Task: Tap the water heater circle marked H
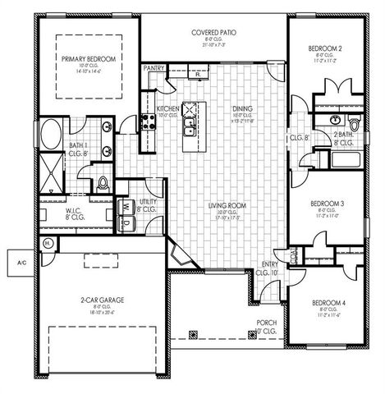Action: tap(48, 244)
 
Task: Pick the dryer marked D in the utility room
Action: tap(128, 222)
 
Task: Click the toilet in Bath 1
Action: tap(103, 182)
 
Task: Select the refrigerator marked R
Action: tap(175, 75)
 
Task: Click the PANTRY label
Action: tap(153, 69)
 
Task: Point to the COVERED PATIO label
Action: tap(214, 33)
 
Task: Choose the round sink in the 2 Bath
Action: tap(334, 120)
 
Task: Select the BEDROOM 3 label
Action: tap(326, 203)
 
